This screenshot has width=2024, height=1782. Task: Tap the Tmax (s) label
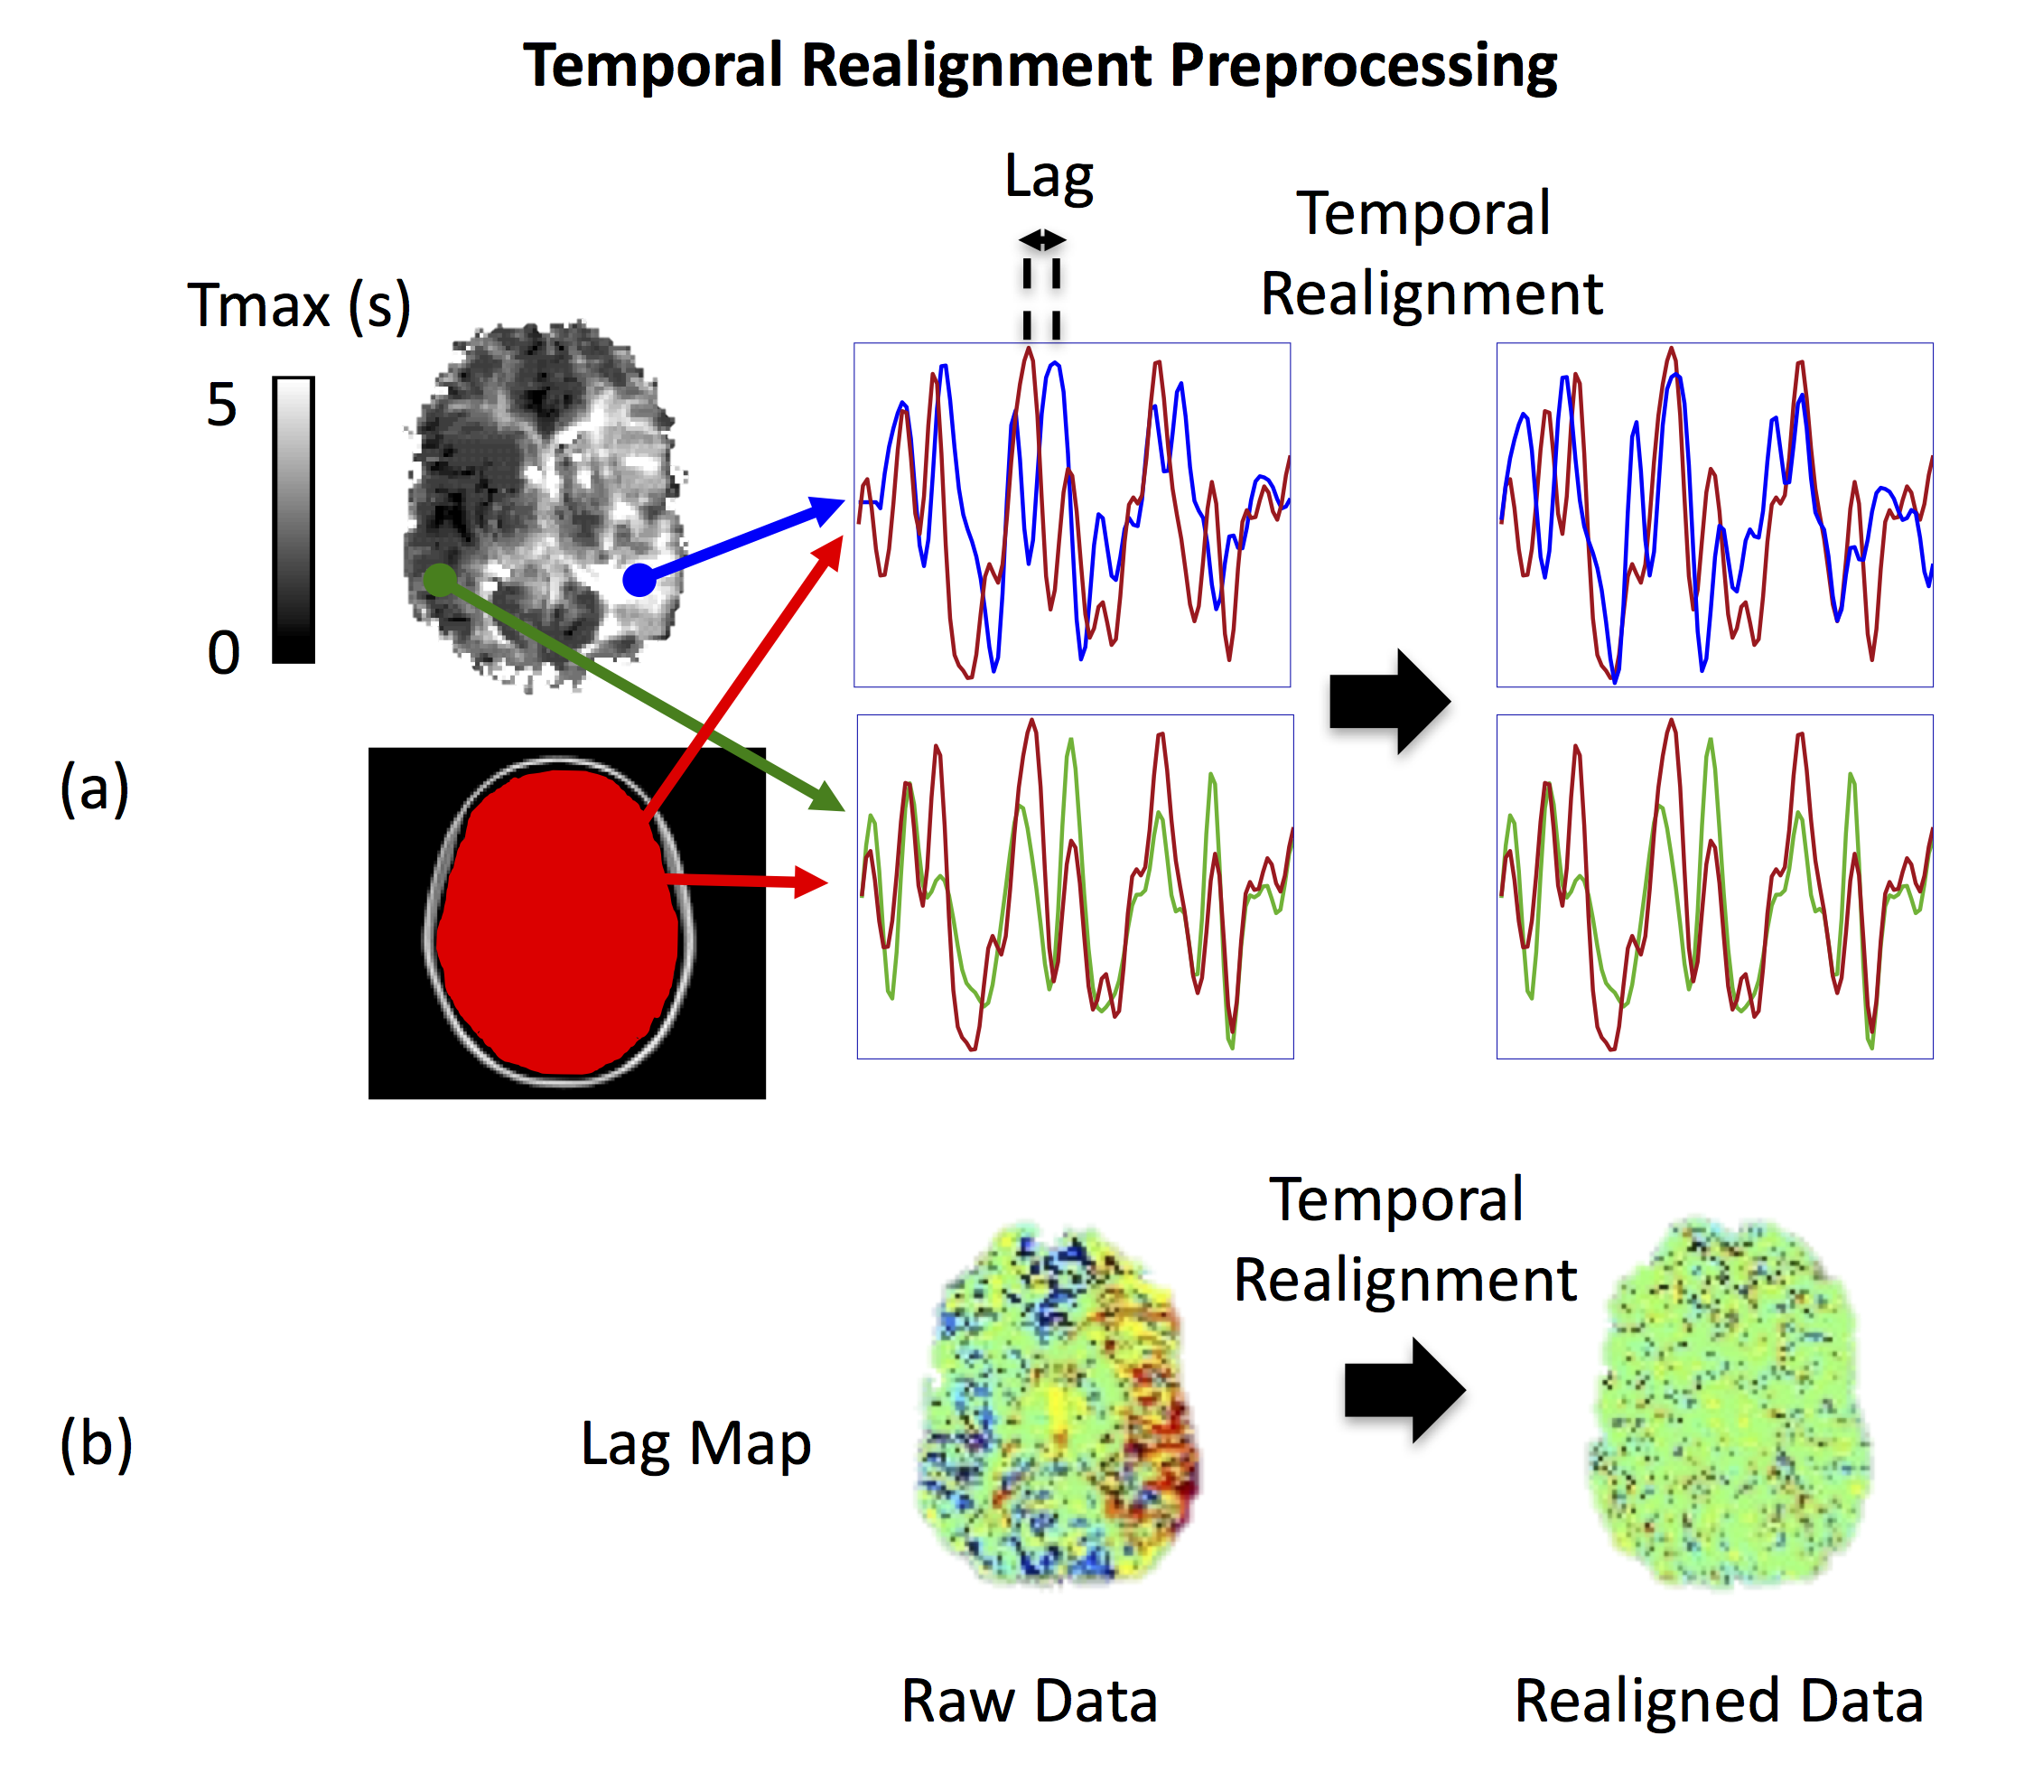pos(299,305)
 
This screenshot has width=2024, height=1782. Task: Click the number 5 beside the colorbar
pos(222,406)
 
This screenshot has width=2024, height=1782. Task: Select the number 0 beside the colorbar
pos(224,653)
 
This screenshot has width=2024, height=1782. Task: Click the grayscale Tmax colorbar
pos(294,519)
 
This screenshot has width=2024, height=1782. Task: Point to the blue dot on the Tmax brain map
pos(639,579)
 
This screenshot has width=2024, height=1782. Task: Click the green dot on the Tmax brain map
pos(440,579)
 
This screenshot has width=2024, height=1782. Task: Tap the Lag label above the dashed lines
pos(1049,178)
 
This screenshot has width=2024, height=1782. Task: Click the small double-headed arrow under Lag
pos(1041,240)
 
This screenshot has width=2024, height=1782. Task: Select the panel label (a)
pos(95,789)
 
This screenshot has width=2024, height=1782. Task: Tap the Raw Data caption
pos(1029,1701)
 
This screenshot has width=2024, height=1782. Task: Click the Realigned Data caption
pos(1718,1701)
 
